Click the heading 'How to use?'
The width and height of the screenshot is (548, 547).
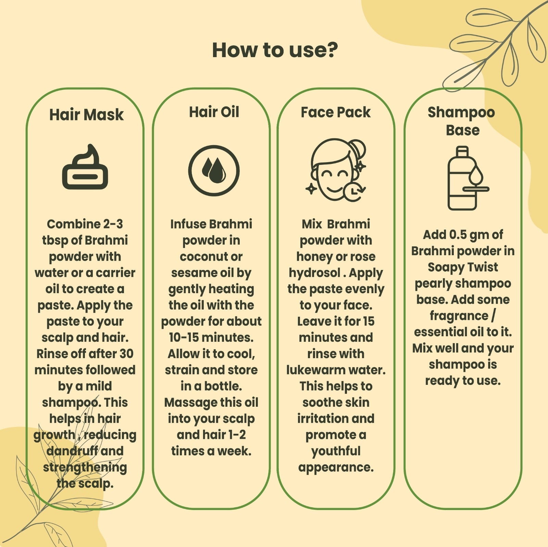click(x=275, y=50)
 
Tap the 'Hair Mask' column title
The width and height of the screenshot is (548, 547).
click(x=86, y=115)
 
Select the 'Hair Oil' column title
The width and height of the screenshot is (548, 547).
click(x=214, y=112)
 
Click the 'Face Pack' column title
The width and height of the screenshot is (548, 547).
click(x=336, y=112)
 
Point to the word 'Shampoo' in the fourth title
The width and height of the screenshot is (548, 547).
click(x=461, y=113)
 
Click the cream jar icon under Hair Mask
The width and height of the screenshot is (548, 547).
click(x=85, y=168)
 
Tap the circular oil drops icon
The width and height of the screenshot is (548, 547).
click(x=214, y=170)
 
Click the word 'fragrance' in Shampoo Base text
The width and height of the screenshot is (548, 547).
click(x=459, y=316)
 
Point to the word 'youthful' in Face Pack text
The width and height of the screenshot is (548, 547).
click(x=336, y=451)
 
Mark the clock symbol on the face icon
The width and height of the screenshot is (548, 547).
click(x=353, y=191)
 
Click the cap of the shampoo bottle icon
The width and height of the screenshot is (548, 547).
click(x=462, y=151)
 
